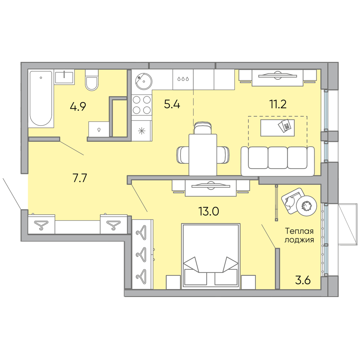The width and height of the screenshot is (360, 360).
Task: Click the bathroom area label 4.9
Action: pos(78,107)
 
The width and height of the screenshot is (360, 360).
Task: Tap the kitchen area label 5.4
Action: pos(172,104)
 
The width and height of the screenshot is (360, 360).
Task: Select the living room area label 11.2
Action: pos(278,104)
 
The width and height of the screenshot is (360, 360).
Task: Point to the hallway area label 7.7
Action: pos(80,178)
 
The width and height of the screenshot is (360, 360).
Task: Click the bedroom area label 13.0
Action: pos(209,211)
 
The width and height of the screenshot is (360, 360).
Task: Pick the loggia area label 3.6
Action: pos(303,280)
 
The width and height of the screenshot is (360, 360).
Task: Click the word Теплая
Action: pos(299,231)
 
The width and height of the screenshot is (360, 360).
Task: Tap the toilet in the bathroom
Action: pos(92,80)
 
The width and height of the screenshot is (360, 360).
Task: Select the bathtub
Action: pos(41,98)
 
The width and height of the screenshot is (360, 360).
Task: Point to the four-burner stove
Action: pos(141,105)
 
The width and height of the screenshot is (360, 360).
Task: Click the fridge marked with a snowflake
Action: pos(141,131)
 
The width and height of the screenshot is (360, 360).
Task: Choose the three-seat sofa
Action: pos(278,161)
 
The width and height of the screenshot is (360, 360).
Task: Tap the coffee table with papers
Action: pos(277,128)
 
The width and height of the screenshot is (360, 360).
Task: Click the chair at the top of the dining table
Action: pos(202,128)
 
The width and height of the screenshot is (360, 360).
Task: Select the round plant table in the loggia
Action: pos(306,206)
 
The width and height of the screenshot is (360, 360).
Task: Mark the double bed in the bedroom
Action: pos(211,256)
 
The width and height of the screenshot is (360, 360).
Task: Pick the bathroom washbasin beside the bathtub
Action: pos(64,77)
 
